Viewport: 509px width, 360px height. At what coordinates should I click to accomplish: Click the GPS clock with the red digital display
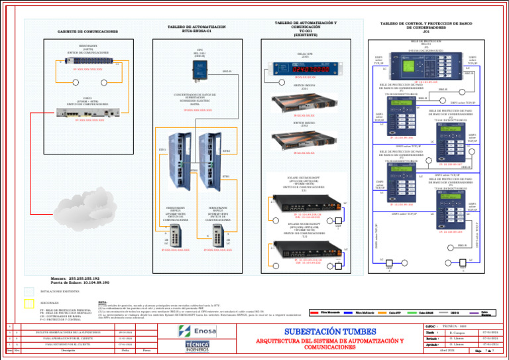click(x=306, y=68)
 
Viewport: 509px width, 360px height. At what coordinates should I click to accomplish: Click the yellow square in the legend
click(x=27, y=304)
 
